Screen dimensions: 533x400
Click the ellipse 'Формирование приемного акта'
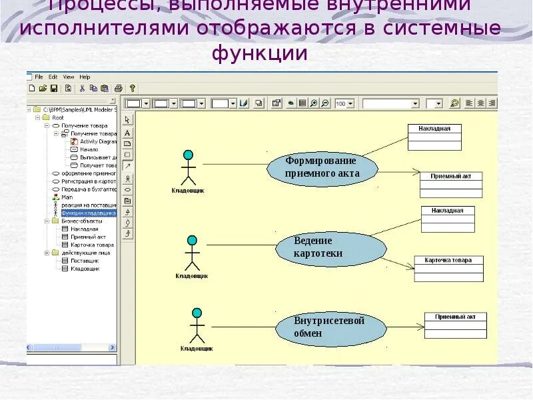pyautogui.click(x=322, y=167)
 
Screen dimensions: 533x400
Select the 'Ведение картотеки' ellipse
pyautogui.click(x=331, y=247)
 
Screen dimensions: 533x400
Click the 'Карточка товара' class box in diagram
pyautogui.click(x=448, y=268)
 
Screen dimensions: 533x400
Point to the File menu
pyautogui.click(x=39, y=77)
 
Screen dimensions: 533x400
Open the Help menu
pyautogui.click(x=85, y=77)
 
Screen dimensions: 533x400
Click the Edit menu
pyautogui.click(x=53, y=77)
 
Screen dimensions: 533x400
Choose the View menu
pyautogui.click(x=68, y=77)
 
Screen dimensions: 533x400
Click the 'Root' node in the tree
pyautogui.click(x=58, y=117)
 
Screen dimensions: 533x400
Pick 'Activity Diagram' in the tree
pyautogui.click(x=97, y=141)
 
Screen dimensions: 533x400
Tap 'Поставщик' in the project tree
pyautogui.click(x=85, y=261)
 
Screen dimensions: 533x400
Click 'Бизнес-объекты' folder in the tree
pyautogui.click(x=80, y=221)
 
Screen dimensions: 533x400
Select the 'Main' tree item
pyautogui.click(x=67, y=197)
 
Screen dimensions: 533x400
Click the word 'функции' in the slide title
pyautogui.click(x=261, y=54)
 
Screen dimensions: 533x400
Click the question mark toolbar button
pyautogui.click(x=133, y=88)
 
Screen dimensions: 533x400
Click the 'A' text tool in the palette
pyautogui.click(x=127, y=132)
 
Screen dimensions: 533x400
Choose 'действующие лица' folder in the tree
pyautogui.click(x=86, y=253)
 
